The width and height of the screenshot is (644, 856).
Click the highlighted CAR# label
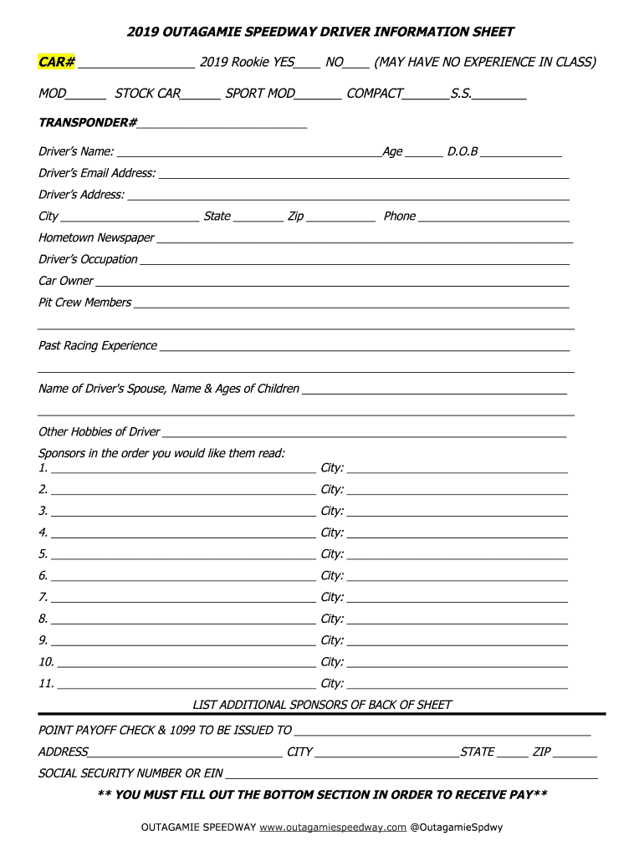click(x=57, y=63)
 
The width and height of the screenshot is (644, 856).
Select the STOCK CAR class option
click(x=147, y=94)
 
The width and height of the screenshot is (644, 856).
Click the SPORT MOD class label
click(x=260, y=94)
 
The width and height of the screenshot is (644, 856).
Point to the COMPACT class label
click(x=374, y=94)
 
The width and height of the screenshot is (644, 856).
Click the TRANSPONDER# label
click(x=88, y=123)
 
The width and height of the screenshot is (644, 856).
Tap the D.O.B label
click(x=463, y=152)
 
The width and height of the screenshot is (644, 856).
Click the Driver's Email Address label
click(x=97, y=173)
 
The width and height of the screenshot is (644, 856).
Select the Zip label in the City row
click(x=295, y=217)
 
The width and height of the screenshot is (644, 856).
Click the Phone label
click(x=399, y=217)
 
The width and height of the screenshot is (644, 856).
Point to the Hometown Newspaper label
click(x=96, y=238)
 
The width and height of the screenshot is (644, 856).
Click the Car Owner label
click(x=66, y=281)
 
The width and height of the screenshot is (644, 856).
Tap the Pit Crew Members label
click(x=84, y=303)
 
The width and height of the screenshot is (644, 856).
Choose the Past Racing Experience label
click(x=97, y=346)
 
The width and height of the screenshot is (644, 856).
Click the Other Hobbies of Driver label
click(x=99, y=432)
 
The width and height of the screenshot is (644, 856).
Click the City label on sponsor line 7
click(x=332, y=598)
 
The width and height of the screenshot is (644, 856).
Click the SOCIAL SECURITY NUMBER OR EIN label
click(x=130, y=773)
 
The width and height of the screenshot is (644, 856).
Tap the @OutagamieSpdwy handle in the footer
click(x=457, y=828)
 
